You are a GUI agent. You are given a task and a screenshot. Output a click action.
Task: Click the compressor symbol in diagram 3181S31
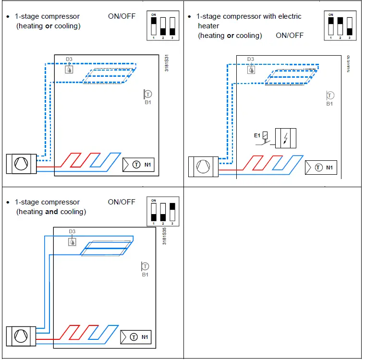[20, 164]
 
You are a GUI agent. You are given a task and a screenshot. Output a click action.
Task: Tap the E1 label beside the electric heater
[257, 136]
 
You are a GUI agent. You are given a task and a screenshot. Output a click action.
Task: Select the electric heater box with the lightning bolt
[285, 138]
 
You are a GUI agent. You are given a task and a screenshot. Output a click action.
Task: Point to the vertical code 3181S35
[165, 236]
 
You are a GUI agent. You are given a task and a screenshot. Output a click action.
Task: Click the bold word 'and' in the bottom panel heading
[51, 212]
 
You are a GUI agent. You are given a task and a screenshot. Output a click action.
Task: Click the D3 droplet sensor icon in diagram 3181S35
[72, 241]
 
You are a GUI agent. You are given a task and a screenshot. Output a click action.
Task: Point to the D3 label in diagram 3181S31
[69, 60]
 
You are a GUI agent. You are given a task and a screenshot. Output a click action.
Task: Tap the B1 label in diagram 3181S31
[147, 102]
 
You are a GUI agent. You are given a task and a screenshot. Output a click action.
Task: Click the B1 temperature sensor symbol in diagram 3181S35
[145, 266]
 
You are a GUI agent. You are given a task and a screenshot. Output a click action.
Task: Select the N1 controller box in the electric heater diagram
[320, 168]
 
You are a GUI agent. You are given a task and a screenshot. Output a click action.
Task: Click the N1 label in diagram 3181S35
[146, 337]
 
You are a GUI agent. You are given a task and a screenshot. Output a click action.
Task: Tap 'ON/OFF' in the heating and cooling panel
[122, 202]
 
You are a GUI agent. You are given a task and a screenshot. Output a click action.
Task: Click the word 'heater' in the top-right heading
[208, 26]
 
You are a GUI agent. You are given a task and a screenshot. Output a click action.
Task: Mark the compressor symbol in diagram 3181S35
[20, 336]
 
